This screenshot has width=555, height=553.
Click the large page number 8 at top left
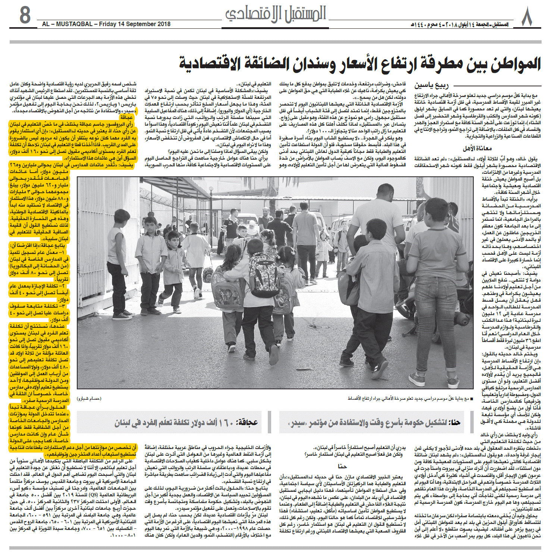point(25,16)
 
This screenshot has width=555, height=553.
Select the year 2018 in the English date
point(163,24)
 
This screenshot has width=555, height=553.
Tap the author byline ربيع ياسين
point(432,86)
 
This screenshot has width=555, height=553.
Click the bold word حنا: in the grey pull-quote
point(455,422)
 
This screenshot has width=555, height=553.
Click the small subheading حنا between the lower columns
point(342,466)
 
